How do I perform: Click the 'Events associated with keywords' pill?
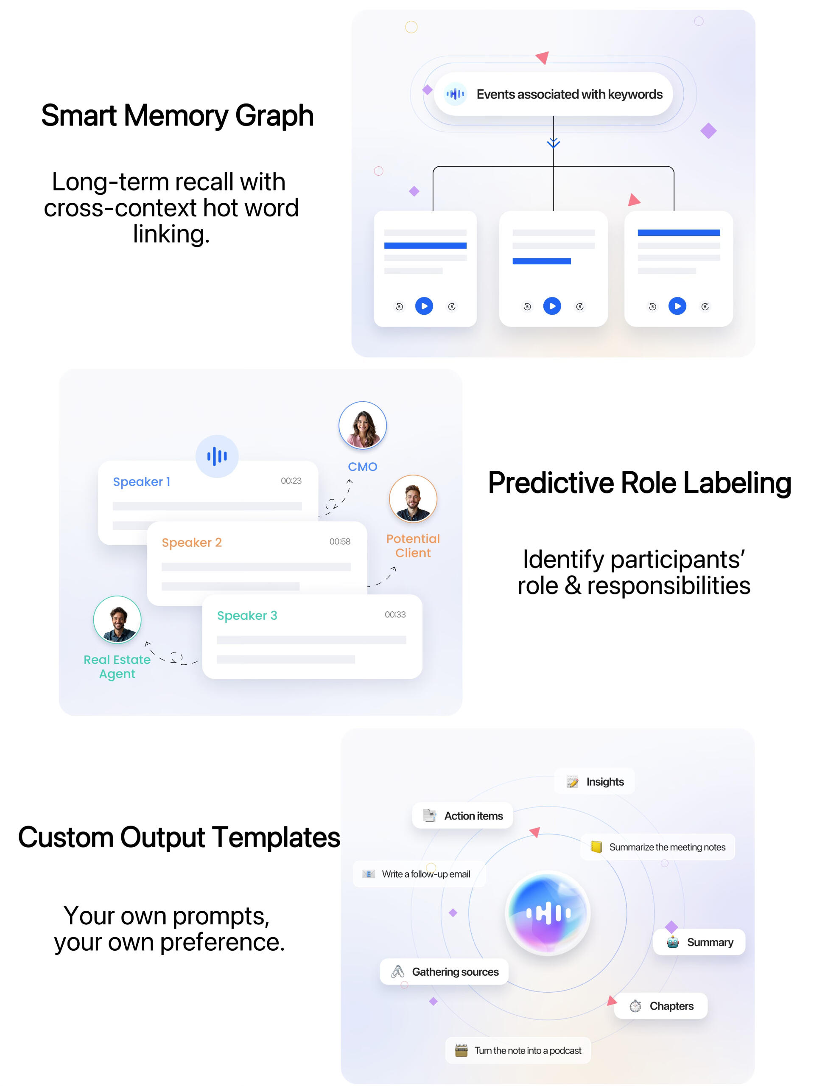(553, 94)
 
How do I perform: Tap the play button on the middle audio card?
(552, 306)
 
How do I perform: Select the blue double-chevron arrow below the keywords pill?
(553, 143)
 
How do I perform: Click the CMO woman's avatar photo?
(362, 425)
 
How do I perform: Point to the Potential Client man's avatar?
(413, 498)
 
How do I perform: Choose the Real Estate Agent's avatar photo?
(117, 620)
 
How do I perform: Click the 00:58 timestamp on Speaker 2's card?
(340, 542)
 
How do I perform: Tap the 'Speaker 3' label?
(247, 615)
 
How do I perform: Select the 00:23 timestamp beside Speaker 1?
(291, 481)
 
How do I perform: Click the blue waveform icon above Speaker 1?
(217, 456)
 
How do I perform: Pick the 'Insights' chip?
(595, 781)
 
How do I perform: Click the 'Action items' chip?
(462, 816)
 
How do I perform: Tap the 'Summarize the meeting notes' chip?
(657, 847)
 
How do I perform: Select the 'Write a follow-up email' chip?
(418, 874)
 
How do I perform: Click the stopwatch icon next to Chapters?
(635, 1006)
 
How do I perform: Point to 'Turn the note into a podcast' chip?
(518, 1051)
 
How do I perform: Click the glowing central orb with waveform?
(548, 913)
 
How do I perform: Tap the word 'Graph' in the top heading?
(274, 116)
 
